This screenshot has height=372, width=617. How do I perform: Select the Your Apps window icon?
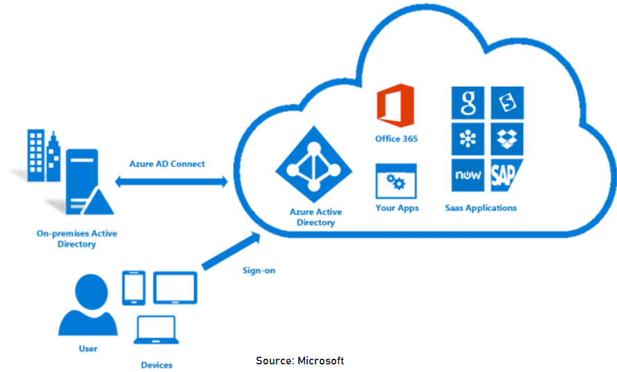coord(396,181)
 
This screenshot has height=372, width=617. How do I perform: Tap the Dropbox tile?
coord(507,139)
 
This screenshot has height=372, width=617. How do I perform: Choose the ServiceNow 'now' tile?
coord(468,176)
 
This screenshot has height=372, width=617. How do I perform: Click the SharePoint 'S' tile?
coord(507,103)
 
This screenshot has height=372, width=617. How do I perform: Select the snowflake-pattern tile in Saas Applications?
coord(468,139)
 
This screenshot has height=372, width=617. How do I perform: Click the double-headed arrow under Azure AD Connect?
coord(171,182)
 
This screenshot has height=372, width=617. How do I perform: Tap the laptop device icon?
coord(156,332)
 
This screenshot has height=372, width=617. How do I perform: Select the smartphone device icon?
coord(133,287)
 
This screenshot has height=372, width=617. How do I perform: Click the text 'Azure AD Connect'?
coord(167,164)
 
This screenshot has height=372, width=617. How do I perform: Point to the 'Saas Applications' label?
coord(481,208)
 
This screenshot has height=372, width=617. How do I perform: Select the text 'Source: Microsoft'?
coord(299,360)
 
